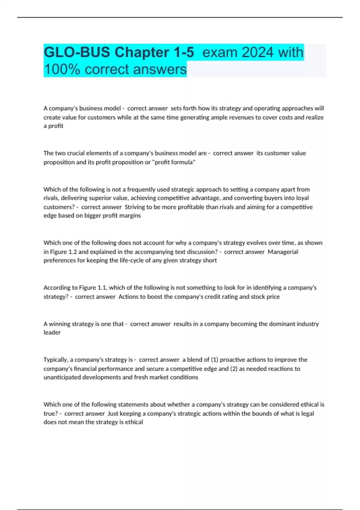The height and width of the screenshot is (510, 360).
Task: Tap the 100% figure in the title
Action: coord(62,69)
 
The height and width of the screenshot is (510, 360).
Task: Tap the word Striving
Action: coord(135,207)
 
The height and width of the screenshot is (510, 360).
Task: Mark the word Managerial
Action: coord(283,252)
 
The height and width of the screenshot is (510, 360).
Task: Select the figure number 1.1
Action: coord(102,287)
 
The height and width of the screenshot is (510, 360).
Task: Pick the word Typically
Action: coord(56,359)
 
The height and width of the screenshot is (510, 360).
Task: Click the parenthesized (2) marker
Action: coord(234,368)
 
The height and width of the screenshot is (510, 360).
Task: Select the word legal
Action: coord(307,413)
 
